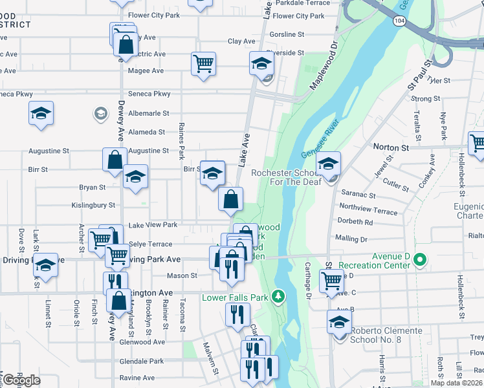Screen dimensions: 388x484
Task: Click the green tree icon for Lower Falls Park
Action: pyautogui.click(x=278, y=296)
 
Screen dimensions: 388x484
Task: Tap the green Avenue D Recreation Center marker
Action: pyautogui.click(x=419, y=260)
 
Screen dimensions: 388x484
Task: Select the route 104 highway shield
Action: pyautogui.click(x=399, y=21)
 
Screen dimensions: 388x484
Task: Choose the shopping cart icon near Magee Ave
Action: pyautogui.click(x=203, y=64)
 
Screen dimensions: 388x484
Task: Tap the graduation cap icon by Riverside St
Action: pyautogui.click(x=262, y=63)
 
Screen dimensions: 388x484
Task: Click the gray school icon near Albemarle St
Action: pyautogui.click(x=100, y=114)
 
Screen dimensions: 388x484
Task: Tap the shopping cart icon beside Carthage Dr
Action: pyautogui.click(x=331, y=281)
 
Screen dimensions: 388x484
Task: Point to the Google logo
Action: pyautogui.click(x=21, y=380)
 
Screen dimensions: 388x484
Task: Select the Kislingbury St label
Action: pyautogui.click(x=94, y=205)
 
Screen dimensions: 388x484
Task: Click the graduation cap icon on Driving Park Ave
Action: pyautogui.click(x=45, y=264)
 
